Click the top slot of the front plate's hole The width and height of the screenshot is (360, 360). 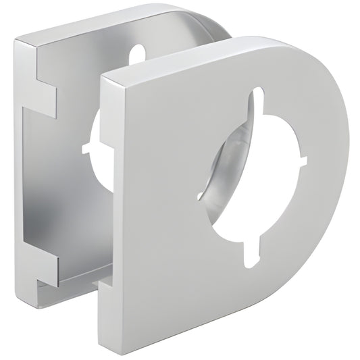click(x=255, y=101)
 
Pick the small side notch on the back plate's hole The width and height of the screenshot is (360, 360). click(x=86, y=146)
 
